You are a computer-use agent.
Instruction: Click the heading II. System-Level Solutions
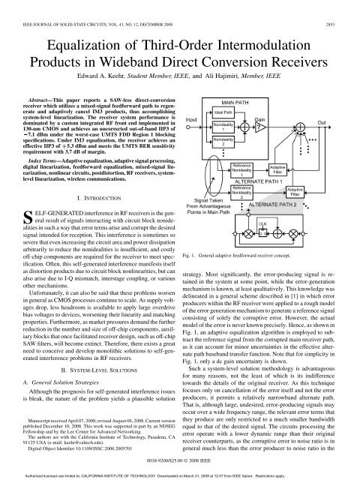pos(93,360)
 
